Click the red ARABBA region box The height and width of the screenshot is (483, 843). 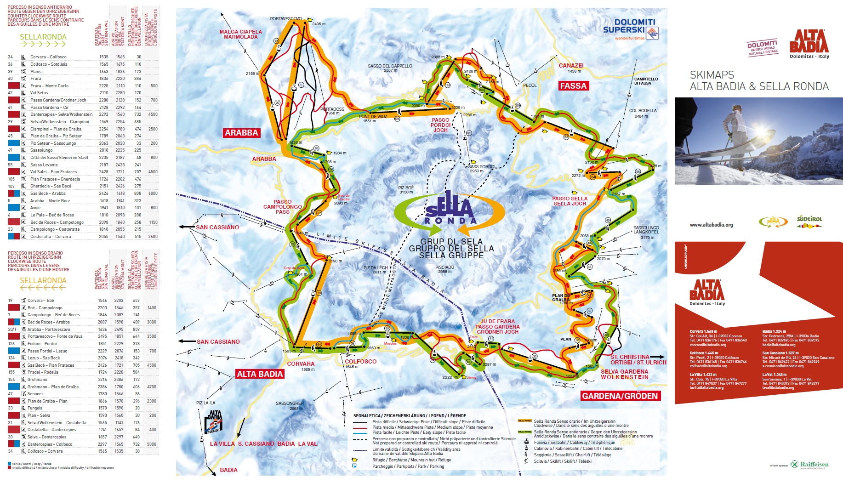click(x=241, y=133)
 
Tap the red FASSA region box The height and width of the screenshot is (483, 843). click(x=573, y=85)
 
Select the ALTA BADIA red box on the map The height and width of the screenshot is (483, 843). click(x=260, y=374)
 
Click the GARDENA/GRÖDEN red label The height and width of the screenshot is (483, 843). click(x=620, y=396)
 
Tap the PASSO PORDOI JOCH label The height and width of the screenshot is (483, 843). click(x=440, y=125)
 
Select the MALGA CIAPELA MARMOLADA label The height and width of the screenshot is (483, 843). click(x=240, y=34)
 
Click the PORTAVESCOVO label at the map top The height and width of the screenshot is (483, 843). click(x=285, y=19)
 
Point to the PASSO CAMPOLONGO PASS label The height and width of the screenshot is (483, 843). click(x=282, y=207)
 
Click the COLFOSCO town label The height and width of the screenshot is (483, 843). click(x=360, y=362)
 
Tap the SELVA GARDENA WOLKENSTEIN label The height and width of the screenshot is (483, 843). click(x=624, y=374)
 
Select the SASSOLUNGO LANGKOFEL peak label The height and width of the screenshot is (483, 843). click(x=646, y=230)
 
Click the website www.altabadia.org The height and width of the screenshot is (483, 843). click(x=711, y=225)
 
